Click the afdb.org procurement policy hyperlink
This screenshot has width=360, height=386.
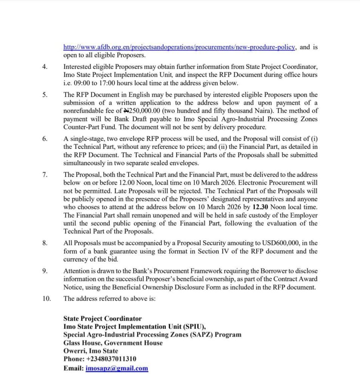point(180,47)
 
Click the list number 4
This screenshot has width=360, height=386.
point(45,67)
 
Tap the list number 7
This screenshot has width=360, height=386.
point(45,175)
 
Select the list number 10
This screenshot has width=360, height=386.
point(46,299)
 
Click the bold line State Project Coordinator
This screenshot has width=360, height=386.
point(103,319)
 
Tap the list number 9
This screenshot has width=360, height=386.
point(45,271)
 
